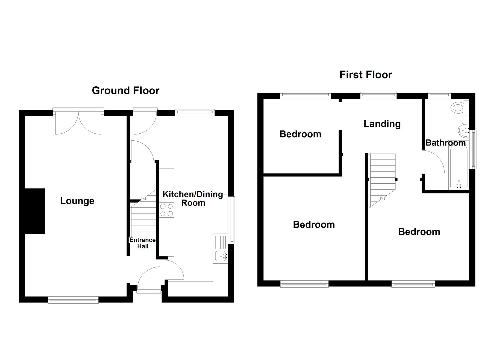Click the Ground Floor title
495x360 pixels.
point(126,91)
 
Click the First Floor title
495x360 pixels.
point(366,75)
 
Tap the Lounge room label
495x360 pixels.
point(77,201)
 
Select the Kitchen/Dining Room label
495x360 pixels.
point(193,199)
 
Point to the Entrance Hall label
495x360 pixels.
point(142,243)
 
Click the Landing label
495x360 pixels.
point(382,124)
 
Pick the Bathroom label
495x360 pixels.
point(445,143)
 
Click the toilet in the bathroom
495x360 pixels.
point(459,108)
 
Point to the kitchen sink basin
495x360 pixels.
point(220,256)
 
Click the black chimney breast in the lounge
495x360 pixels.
point(35,211)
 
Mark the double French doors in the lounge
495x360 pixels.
point(78,122)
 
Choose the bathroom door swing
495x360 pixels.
point(433,162)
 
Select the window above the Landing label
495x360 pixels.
point(378,96)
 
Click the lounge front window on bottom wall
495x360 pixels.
point(73,300)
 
